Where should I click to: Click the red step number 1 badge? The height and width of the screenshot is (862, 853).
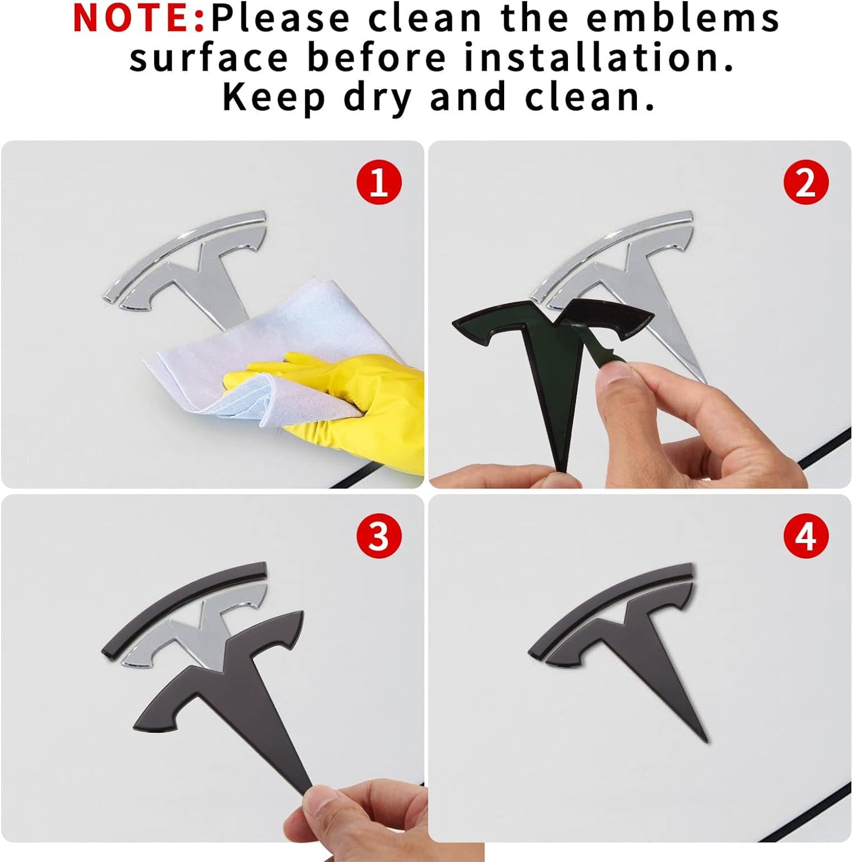pos(379,183)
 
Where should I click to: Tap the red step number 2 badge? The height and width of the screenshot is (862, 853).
pos(806,183)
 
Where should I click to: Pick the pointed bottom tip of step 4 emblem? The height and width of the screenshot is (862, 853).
pos(706,740)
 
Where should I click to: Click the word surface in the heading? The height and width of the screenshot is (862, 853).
pos(208,58)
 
